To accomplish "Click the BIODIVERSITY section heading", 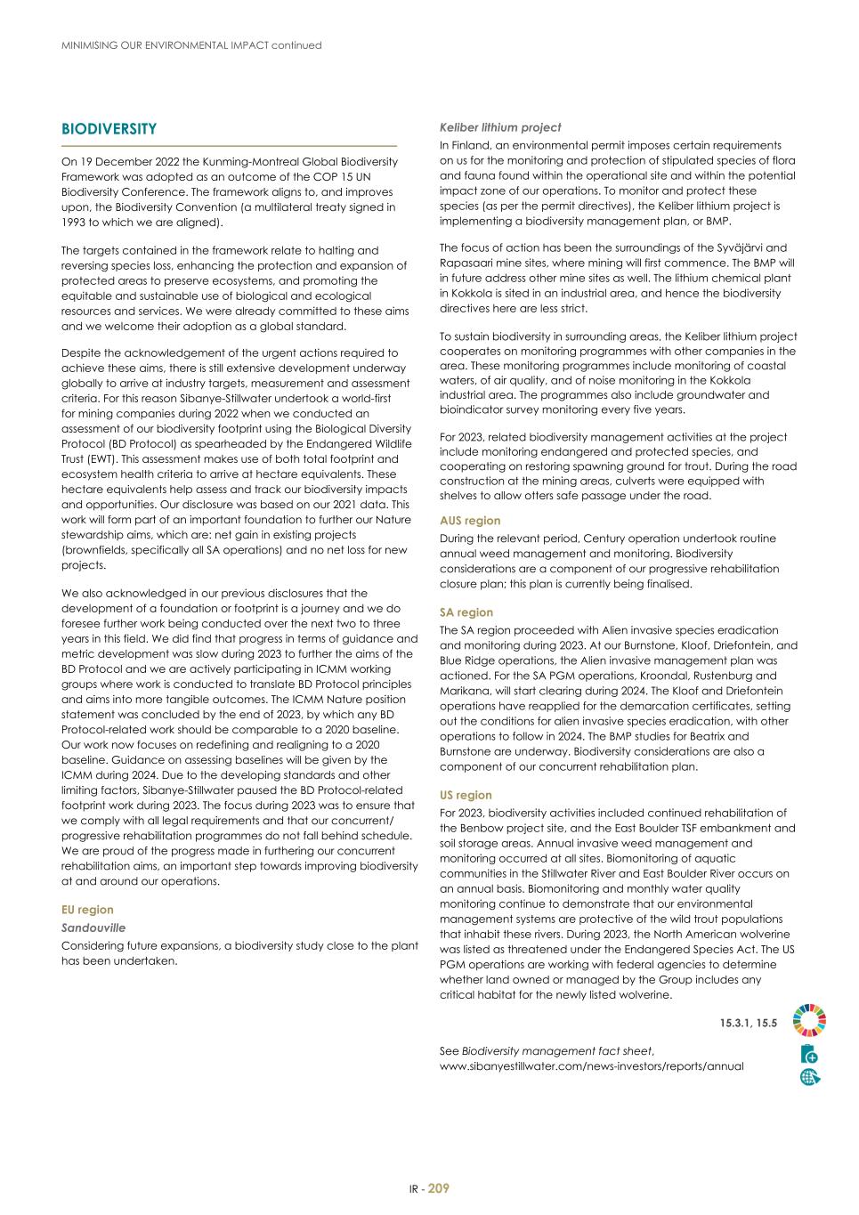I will [x=109, y=129].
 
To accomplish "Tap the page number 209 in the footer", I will [x=439, y=1188].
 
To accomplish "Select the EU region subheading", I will [x=87, y=910].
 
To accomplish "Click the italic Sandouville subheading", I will [x=93, y=927].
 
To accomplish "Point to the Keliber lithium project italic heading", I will [x=500, y=127].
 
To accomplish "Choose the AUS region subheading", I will [x=470, y=521].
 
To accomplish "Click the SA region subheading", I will [x=466, y=612].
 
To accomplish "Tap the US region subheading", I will [x=466, y=795].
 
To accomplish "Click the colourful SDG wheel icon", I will [x=809, y=1020].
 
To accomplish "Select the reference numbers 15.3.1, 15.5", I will [x=748, y=1024].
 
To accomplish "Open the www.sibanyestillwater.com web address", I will [x=591, y=1066].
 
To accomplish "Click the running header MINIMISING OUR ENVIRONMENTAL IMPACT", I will [x=190, y=45].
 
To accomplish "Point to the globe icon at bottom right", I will [x=809, y=1077].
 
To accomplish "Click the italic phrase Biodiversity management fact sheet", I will [x=556, y=1051].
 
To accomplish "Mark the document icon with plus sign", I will [x=809, y=1055].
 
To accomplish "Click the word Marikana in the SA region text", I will [x=465, y=691].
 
